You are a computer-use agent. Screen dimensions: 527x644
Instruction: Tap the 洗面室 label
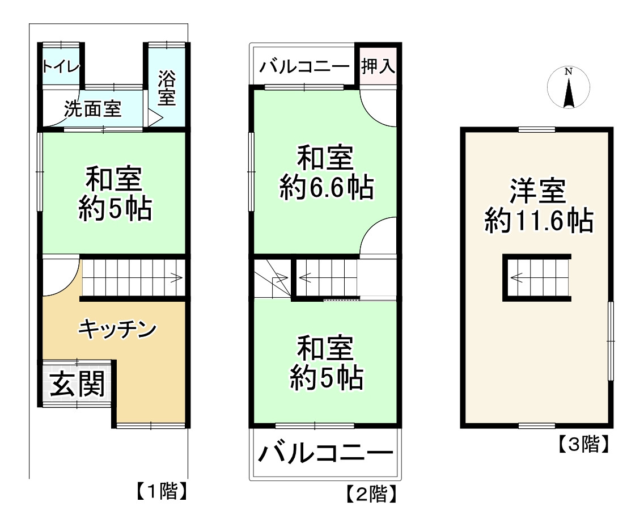point(93,109)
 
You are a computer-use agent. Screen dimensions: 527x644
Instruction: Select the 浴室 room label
point(167,87)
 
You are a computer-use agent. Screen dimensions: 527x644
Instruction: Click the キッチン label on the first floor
point(117,328)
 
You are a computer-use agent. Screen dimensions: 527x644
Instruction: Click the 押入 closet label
point(378,66)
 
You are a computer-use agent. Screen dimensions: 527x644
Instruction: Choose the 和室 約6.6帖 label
point(327,172)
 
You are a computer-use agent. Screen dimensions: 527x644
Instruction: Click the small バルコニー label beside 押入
point(304,67)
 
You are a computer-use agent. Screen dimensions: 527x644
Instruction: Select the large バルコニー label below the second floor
point(326,454)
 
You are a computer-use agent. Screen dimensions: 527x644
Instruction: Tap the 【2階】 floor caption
point(371,495)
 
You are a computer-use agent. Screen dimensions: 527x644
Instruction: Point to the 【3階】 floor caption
point(583,444)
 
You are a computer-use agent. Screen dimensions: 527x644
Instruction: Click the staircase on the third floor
point(536,277)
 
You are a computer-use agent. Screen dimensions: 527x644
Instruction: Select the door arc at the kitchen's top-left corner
point(60,276)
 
